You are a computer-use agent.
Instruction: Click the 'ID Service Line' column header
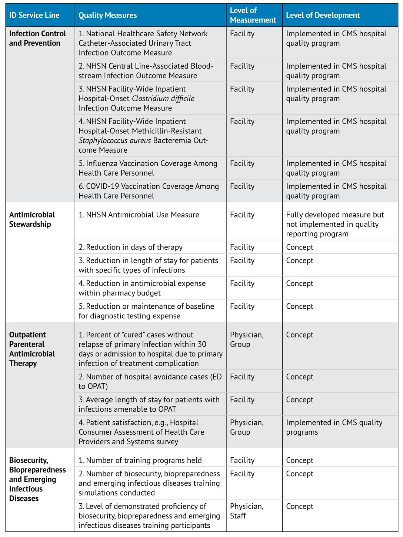[x=34, y=15]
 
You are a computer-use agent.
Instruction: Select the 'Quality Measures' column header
[x=108, y=15]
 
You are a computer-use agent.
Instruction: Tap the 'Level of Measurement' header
[x=253, y=15]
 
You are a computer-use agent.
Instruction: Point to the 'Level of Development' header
[x=323, y=15]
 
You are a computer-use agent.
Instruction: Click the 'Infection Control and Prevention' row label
[x=37, y=39]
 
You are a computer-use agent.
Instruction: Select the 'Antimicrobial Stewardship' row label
[x=32, y=220]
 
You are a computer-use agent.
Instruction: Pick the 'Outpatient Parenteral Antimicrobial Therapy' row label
[x=32, y=349]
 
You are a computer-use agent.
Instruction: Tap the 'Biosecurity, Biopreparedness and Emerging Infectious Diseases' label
[x=37, y=480]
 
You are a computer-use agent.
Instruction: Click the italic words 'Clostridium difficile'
[x=163, y=99]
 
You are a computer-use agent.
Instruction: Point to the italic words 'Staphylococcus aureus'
[x=115, y=140]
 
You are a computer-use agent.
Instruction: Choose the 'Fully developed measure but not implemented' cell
[x=335, y=224]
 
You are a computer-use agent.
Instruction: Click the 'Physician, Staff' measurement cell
[x=247, y=511]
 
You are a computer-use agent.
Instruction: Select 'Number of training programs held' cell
[x=140, y=460]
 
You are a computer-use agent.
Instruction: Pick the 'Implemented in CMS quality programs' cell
[x=334, y=427]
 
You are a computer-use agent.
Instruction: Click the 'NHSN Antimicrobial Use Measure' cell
[x=139, y=215]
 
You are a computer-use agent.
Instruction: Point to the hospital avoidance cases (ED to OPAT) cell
[x=150, y=381]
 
